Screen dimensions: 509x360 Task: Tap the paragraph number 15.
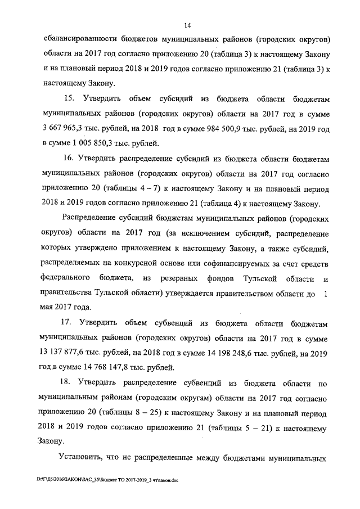click(72, 100)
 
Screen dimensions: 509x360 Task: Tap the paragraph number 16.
click(73, 159)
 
